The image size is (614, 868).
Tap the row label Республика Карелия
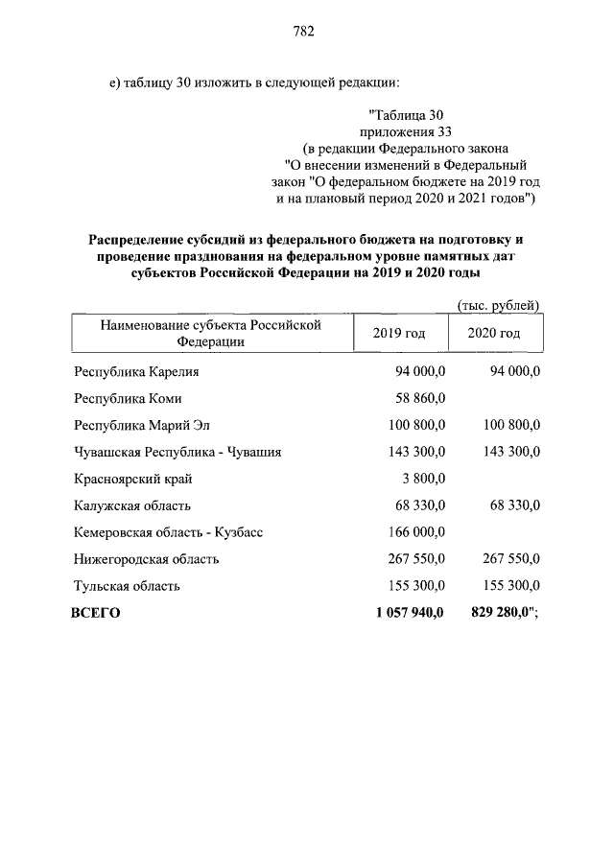(136, 371)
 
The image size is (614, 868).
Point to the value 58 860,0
(420, 398)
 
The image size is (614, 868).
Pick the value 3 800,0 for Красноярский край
(423, 479)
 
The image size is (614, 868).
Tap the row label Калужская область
(132, 505)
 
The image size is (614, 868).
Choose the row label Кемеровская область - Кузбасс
(168, 532)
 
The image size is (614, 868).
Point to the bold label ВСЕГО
(96, 613)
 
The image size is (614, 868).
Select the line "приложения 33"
(404, 131)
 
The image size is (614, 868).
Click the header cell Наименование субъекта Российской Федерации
(208, 333)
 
